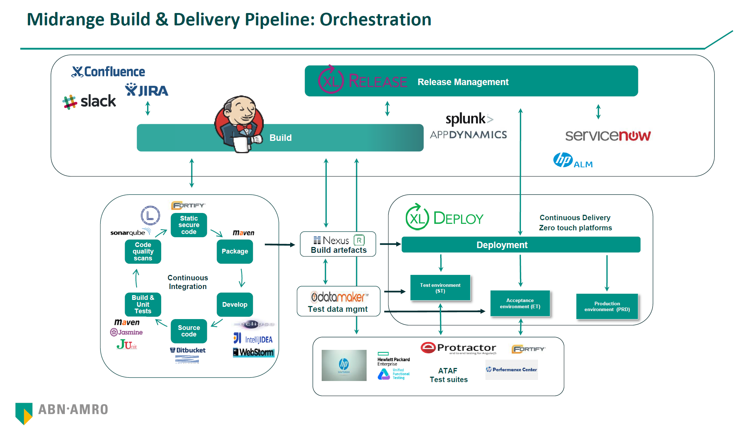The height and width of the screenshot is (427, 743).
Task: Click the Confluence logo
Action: pyautogui.click(x=108, y=72)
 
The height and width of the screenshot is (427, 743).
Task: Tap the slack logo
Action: pyautogui.click(x=89, y=101)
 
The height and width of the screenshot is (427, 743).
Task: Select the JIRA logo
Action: pyautogui.click(x=146, y=90)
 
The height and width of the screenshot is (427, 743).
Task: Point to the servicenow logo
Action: pyautogui.click(x=608, y=135)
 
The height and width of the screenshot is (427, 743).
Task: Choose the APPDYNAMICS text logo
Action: pyautogui.click(x=468, y=135)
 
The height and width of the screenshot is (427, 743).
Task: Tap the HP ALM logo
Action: pyautogui.click(x=573, y=160)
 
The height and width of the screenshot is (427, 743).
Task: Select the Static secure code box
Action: pyautogui.click(x=189, y=225)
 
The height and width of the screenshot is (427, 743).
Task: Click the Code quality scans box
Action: pyautogui.click(x=143, y=251)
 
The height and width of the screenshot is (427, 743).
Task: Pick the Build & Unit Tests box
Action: pyautogui.click(x=143, y=304)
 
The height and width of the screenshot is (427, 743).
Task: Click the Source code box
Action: pyautogui.click(x=189, y=331)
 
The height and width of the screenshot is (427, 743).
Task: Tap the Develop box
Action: pyautogui.click(x=235, y=305)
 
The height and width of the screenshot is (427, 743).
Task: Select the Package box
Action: pyautogui.click(x=235, y=251)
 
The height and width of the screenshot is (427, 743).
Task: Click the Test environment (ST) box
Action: pyautogui.click(x=440, y=288)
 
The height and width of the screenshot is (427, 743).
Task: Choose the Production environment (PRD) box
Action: pyautogui.click(x=607, y=306)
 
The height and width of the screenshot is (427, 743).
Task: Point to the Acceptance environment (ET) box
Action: pyautogui.click(x=520, y=303)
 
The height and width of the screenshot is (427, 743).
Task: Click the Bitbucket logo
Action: pyautogui.click(x=188, y=350)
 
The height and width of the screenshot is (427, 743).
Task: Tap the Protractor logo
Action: pyautogui.click(x=458, y=348)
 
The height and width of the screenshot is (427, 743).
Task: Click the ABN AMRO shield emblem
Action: pyautogui.click(x=24, y=413)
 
